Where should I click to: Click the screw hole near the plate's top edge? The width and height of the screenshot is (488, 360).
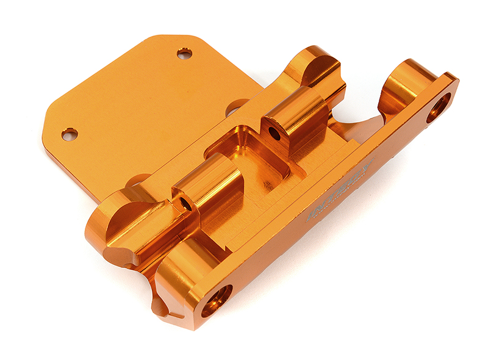click(x=185, y=54)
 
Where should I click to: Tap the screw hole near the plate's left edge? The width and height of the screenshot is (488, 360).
click(x=70, y=134)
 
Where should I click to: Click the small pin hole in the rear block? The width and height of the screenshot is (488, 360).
click(x=275, y=133)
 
